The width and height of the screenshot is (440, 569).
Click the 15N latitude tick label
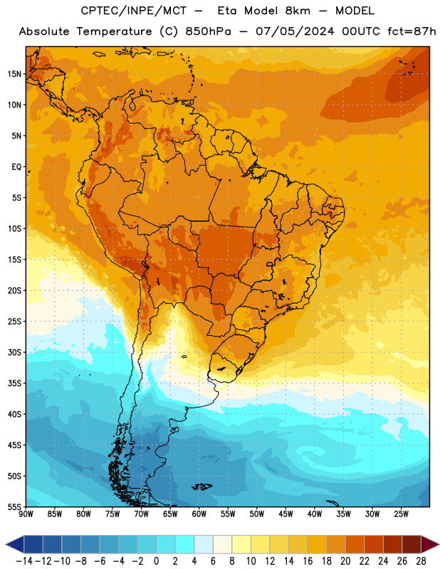click(14, 74)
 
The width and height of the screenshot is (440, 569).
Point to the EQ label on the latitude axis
click(16, 167)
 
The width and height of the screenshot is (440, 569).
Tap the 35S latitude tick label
click(14, 383)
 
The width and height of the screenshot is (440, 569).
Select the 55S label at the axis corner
click(14, 506)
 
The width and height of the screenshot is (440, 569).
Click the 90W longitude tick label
click(26, 514)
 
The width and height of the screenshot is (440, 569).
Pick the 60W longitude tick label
click(199, 514)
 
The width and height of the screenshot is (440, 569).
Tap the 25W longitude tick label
click(401, 514)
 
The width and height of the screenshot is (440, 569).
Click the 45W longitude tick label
click(286, 514)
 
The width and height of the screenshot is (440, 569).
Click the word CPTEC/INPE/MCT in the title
click(133, 11)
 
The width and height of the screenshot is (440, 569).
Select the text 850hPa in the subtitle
click(208, 31)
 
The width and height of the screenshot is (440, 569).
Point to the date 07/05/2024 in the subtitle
click(295, 31)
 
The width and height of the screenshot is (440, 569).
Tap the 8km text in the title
click(298, 11)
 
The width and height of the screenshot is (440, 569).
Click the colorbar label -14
click(24, 561)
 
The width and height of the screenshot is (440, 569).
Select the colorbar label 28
click(421, 561)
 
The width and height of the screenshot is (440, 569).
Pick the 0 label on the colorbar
click(156, 561)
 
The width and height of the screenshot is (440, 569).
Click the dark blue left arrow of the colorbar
click(14, 544)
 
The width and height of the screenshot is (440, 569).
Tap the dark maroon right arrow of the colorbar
click(430, 544)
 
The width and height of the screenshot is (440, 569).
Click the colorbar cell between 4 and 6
click(204, 544)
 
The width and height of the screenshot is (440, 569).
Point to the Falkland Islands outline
click(201, 486)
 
